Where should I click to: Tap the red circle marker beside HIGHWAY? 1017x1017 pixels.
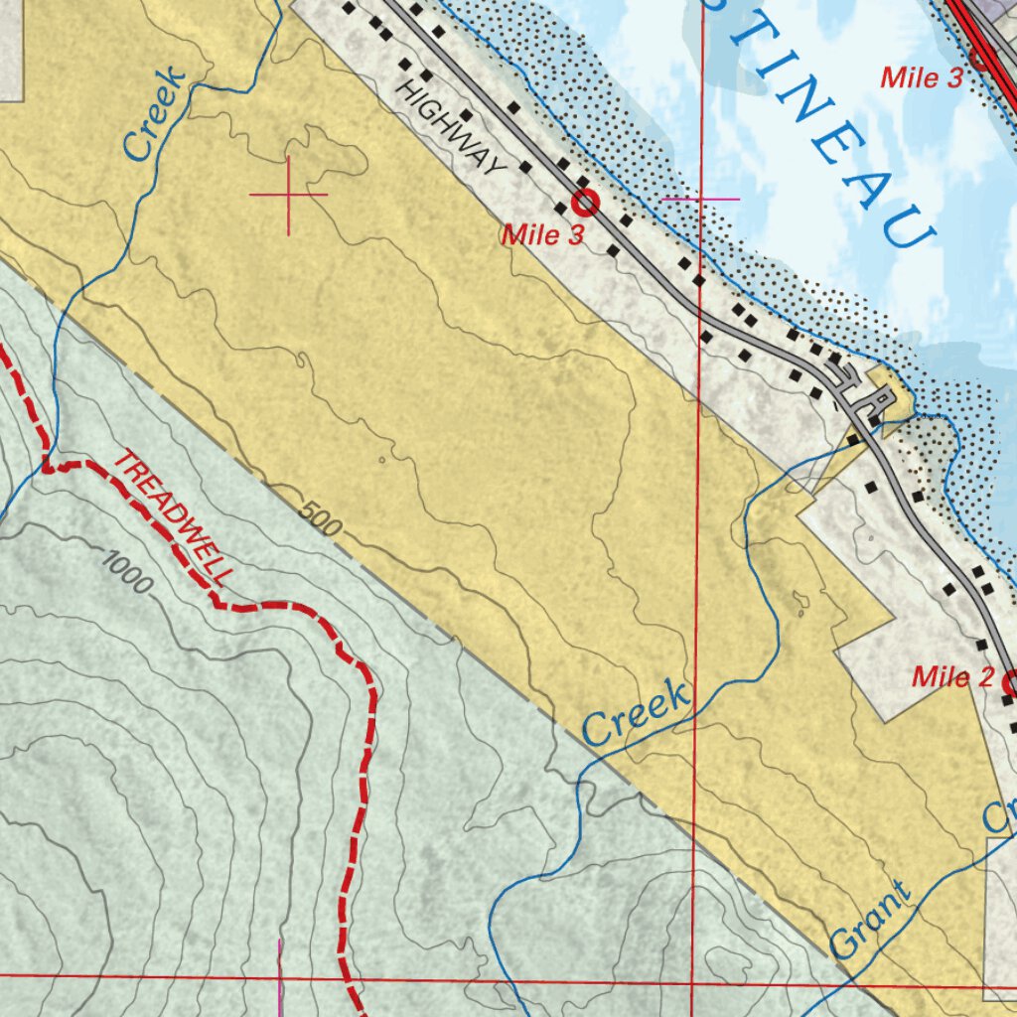coord(585,203)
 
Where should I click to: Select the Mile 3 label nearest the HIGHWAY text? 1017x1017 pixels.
coord(542,235)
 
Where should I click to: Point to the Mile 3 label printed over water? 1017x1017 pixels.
coord(922,77)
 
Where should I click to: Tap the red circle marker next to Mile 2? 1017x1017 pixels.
coord(1011,683)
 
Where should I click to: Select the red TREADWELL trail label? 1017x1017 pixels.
coord(176,517)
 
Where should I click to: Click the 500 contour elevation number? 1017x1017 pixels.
coord(319,518)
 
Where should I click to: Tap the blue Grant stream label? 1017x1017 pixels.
coord(871,919)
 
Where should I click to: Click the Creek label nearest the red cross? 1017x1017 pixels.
coord(154,113)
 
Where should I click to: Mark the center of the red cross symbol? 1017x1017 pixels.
coord(289,195)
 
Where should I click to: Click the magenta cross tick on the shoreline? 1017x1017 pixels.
coord(700,200)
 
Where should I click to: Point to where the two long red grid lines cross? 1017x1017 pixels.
coord(692,982)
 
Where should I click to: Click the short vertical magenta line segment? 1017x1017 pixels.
coord(281,977)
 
